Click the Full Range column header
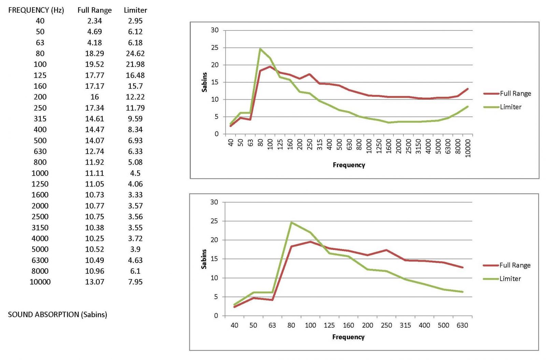pyautogui.click(x=95, y=10)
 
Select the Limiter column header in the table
pyautogui.click(x=135, y=10)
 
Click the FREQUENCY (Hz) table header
pyautogui.click(x=36, y=10)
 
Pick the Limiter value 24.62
pyautogui.click(x=135, y=54)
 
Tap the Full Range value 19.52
pyautogui.click(x=95, y=65)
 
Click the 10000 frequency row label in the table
pyautogui.click(x=40, y=282)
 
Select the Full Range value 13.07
pyautogui.click(x=95, y=282)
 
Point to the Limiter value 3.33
pyautogui.click(x=135, y=195)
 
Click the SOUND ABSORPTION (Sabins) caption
pyautogui.click(x=57, y=315)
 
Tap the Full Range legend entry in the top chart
pyautogui.click(x=515, y=94)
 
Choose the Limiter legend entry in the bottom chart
pyautogui.click(x=510, y=279)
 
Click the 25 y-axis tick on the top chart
pyautogui.click(x=215, y=48)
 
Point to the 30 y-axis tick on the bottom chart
pyautogui.click(x=214, y=202)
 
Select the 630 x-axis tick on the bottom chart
pyautogui.click(x=462, y=326)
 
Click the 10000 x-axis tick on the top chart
pyautogui.click(x=468, y=148)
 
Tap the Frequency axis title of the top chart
pyautogui.click(x=349, y=165)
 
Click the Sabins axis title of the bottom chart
pyautogui.click(x=204, y=259)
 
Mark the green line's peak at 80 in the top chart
pyautogui.click(x=260, y=49)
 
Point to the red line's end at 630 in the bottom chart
pyautogui.click(x=462, y=267)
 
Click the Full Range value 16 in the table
pyautogui.click(x=95, y=97)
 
